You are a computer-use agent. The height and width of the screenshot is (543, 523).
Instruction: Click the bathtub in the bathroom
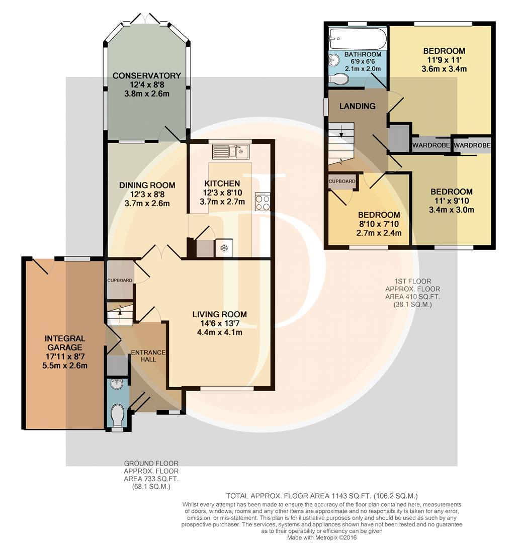tap(358, 39)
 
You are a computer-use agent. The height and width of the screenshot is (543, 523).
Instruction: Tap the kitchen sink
tap(231, 151)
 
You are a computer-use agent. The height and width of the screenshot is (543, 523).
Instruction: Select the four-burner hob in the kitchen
tap(263, 202)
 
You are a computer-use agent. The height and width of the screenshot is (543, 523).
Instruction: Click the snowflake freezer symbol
tap(224, 248)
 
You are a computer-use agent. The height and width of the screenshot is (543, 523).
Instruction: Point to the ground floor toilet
tap(118, 414)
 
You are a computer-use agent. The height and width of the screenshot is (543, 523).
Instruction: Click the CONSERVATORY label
tap(147, 75)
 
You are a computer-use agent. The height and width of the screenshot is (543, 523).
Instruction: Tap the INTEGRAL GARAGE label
tap(65, 343)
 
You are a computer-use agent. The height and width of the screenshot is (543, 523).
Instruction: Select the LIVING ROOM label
tap(220, 314)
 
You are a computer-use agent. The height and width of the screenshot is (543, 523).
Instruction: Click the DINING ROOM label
tap(147, 185)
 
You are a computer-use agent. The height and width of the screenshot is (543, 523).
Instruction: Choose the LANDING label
tap(358, 106)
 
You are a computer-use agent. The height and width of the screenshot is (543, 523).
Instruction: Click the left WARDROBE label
tap(431, 145)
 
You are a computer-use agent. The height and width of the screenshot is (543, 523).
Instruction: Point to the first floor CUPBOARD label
tap(342, 181)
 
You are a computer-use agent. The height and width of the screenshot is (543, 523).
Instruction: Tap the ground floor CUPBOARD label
tap(120, 280)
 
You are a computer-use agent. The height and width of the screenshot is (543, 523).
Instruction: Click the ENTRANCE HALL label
tap(148, 355)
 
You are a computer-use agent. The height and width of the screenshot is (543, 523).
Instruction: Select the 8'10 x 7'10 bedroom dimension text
tap(379, 224)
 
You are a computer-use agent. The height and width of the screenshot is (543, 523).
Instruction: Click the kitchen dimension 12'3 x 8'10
tap(222, 193)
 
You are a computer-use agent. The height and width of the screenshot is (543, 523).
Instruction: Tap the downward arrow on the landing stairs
tap(341, 132)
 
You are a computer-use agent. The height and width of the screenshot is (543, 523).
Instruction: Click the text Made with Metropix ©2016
tap(321, 538)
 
